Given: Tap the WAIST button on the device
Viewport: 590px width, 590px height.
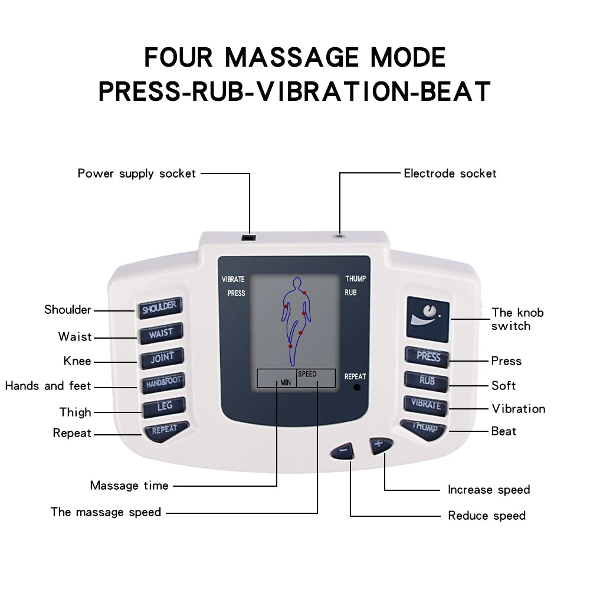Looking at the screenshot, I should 161,333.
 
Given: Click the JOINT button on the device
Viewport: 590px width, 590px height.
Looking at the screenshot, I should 162,358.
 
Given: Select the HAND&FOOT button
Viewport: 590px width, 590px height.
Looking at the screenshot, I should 162,382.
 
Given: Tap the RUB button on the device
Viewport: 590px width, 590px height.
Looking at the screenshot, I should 427,381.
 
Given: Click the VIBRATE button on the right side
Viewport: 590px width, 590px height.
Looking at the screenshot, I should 425,405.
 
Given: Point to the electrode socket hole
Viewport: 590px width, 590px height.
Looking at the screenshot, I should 340,235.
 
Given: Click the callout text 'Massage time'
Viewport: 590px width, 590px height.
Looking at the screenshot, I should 129,486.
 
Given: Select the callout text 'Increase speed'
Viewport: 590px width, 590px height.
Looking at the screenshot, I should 489,490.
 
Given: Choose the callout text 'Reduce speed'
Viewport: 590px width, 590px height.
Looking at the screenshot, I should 487,516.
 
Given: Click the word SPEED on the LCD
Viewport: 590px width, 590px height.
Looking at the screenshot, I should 307,374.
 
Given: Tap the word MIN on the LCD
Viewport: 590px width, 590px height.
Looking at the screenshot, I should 286,382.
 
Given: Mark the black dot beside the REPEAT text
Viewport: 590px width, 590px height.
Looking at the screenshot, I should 357,388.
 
